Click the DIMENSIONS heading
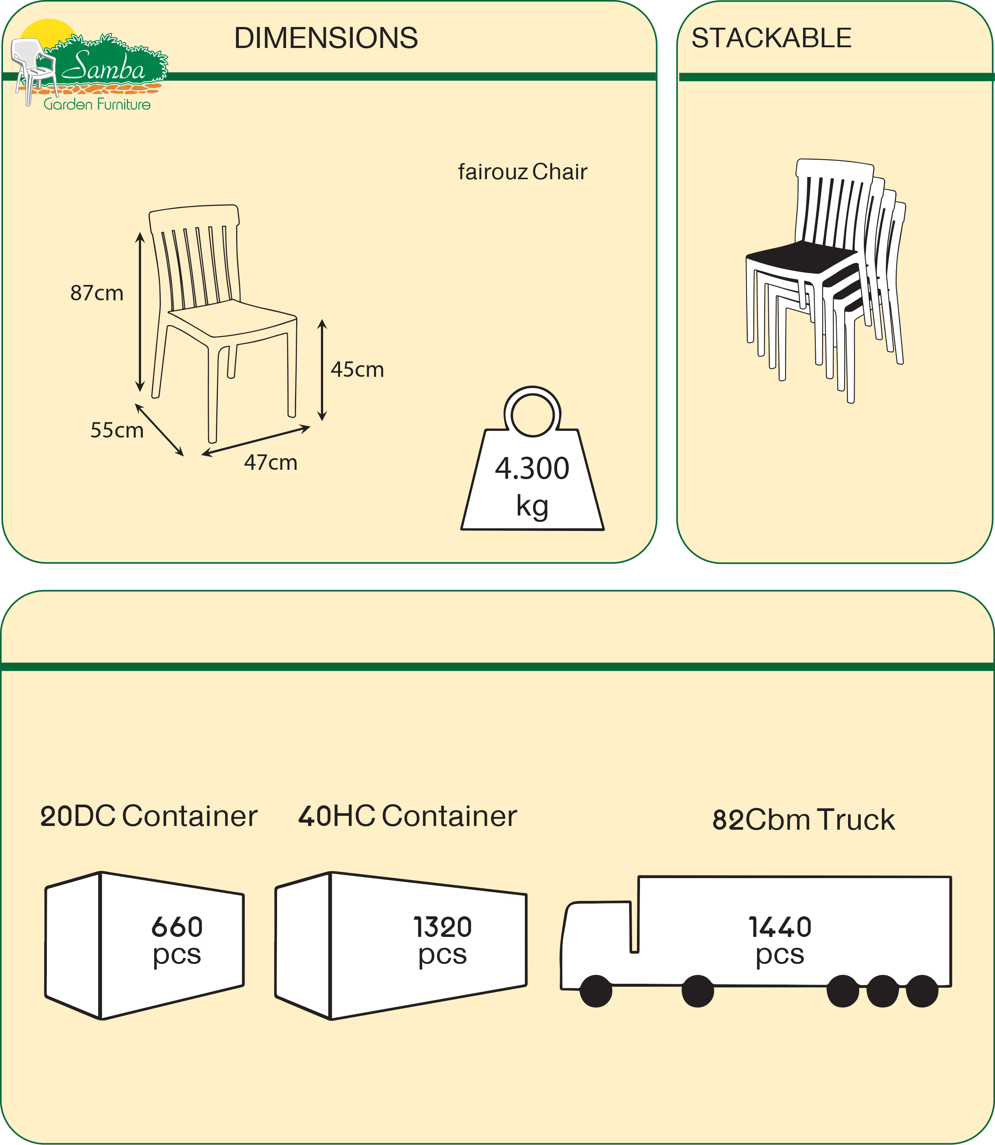[x=326, y=38]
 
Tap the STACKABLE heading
[x=771, y=38]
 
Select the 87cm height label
[x=97, y=293]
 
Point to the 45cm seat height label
[x=357, y=370]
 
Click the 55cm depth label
[x=117, y=430]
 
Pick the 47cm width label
[x=270, y=463]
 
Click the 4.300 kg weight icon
[x=532, y=478]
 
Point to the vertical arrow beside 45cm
[x=322, y=370]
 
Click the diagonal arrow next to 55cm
[x=159, y=430]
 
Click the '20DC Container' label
[x=149, y=816]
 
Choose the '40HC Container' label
[x=407, y=816]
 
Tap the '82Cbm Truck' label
[x=803, y=820]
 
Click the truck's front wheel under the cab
[x=596, y=991]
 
